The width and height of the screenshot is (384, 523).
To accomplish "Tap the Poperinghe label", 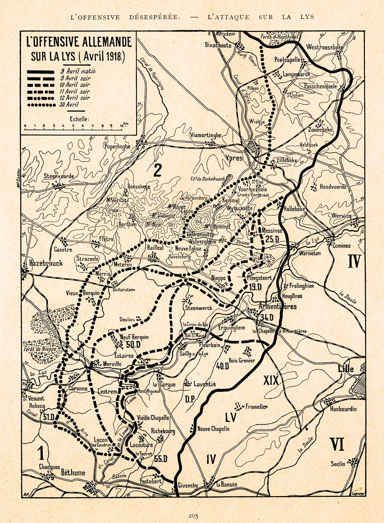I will tap(117, 147).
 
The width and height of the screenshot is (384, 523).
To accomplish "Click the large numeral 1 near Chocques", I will tap(41, 454).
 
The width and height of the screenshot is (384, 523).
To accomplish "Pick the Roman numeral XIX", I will tap(271, 380).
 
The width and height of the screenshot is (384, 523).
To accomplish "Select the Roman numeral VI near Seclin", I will tap(337, 445).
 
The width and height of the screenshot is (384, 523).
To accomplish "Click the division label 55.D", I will tap(161, 458).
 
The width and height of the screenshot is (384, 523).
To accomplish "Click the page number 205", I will tap(193, 516).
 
